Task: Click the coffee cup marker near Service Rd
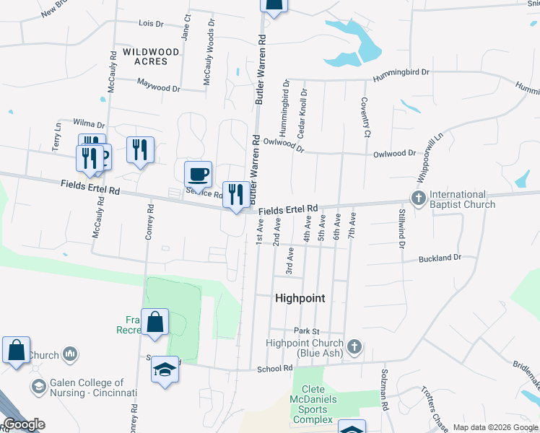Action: click(x=198, y=175)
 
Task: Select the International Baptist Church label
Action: click(x=462, y=199)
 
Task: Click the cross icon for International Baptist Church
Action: click(x=417, y=197)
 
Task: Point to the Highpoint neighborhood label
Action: click(x=300, y=298)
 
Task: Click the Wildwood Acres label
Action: click(x=150, y=56)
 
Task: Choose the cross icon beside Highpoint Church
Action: click(x=354, y=346)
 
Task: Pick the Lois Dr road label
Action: click(x=151, y=24)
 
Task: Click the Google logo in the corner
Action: click(x=24, y=424)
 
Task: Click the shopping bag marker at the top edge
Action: click(x=273, y=6)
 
